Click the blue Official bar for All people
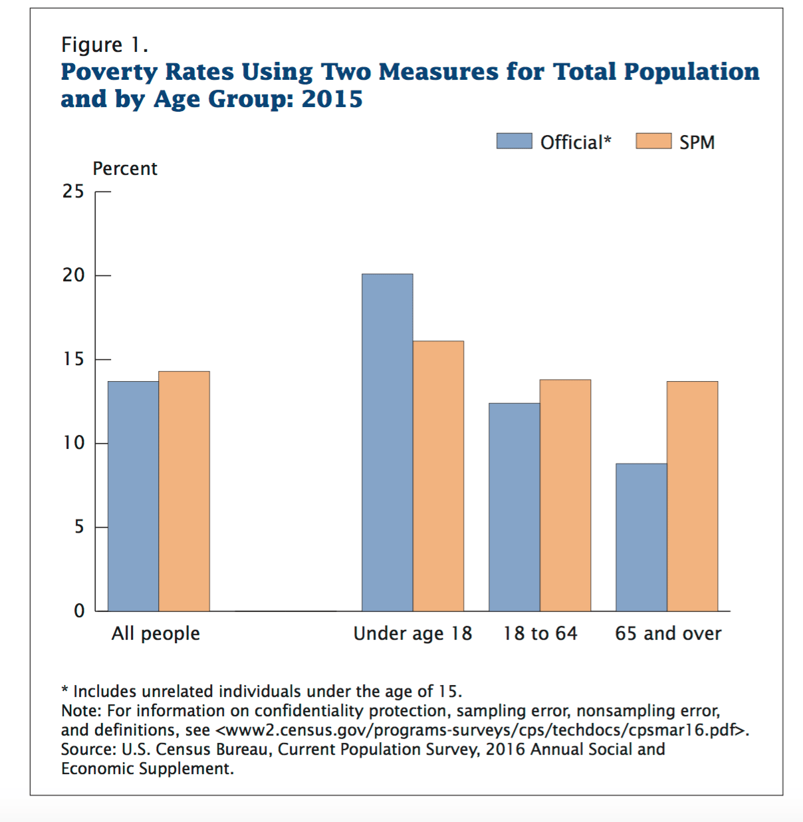133,496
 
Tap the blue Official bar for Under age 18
387,442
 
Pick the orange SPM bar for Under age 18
438,476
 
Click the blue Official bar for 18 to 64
514,507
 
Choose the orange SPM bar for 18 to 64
565,495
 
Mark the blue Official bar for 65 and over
641,537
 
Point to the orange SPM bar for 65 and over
692,496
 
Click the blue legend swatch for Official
514,141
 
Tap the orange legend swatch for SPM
653,141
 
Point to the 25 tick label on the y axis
73,192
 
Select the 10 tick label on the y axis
74,443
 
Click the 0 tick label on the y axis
79,611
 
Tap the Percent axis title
125,169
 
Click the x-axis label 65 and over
667,633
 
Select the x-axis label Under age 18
412,633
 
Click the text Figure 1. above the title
104,45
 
